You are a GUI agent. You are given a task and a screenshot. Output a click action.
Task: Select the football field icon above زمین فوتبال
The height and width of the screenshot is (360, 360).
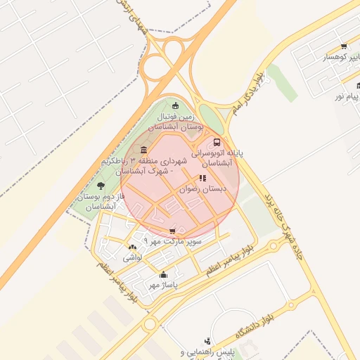click(x=175, y=105)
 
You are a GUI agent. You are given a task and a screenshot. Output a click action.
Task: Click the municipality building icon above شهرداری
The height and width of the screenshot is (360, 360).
click(x=144, y=150)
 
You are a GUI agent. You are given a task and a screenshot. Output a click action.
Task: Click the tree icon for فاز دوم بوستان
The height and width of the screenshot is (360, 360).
click(x=101, y=186)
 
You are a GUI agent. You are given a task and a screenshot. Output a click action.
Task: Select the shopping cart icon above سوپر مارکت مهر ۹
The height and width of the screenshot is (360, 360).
click(x=173, y=231)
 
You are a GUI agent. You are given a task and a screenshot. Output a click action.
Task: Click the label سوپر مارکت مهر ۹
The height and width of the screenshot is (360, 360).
click(x=173, y=241)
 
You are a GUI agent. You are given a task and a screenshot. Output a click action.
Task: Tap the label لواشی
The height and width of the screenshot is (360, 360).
click(x=133, y=258)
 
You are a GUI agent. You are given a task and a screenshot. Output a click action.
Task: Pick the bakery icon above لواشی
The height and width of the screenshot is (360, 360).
click(x=133, y=247)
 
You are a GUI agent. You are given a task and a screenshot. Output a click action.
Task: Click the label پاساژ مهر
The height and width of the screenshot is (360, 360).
click(x=164, y=285)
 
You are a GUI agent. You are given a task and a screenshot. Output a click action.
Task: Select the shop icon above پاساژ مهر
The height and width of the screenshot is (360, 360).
click(x=164, y=275)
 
